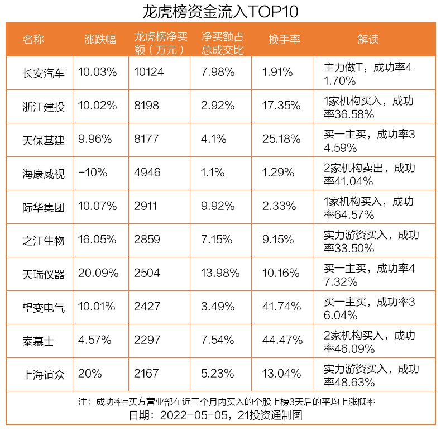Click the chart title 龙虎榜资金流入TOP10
tap(220, 11)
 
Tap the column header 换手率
tap(284, 39)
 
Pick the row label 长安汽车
tap(44, 73)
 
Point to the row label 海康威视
tap(44, 174)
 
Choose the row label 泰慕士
tap(39, 341)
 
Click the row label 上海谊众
tap(44, 374)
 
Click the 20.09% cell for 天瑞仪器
tap(99, 273)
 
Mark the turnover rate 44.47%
tap(282, 340)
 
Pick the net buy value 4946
tap(146, 173)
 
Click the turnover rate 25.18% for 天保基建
tap(282, 139)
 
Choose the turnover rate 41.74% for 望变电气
tap(282, 307)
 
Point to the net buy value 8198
tap(146, 106)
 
